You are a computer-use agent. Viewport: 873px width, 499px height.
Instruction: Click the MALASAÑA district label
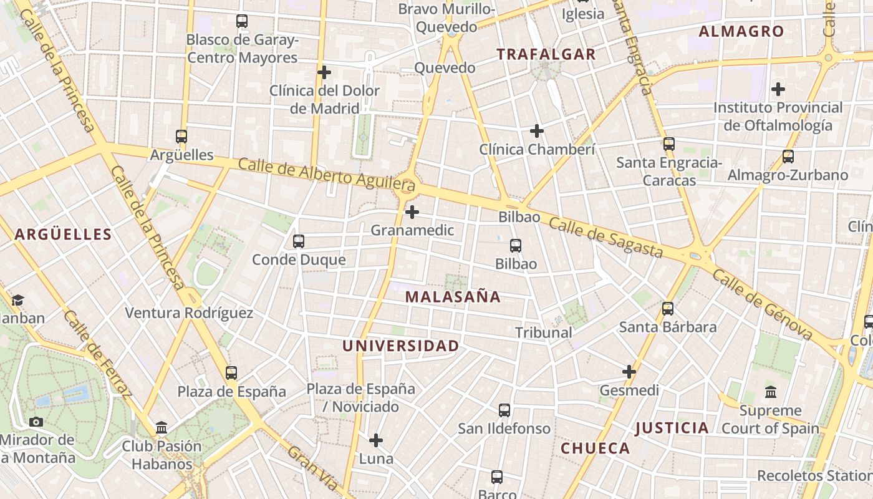coord(453,297)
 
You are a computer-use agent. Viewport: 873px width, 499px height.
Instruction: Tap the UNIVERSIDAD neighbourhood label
coord(400,346)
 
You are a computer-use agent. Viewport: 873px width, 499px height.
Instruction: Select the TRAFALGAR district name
coord(546,54)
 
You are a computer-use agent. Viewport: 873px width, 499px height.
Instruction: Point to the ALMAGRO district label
coord(741,31)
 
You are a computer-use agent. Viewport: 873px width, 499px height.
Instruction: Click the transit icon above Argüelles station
coord(181,136)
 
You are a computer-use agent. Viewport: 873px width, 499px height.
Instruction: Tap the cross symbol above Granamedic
coord(412,212)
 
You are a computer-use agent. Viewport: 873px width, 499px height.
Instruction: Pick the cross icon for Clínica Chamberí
coord(537,131)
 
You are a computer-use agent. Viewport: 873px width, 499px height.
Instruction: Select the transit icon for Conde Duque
coord(299,241)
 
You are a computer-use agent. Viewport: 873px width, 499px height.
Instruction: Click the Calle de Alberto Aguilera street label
coord(326,175)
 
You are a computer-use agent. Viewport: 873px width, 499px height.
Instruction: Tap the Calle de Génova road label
coord(763,306)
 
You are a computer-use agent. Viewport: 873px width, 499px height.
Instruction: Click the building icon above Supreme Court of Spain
coord(771,392)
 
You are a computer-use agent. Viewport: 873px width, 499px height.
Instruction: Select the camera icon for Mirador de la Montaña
coord(36,422)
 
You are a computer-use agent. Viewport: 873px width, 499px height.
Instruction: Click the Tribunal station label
coord(544,332)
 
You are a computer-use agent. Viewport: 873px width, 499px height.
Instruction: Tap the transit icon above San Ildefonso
coord(504,410)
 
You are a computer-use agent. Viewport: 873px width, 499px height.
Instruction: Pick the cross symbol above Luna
coord(376,440)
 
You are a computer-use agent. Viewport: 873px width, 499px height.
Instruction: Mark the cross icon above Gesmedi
coord(629,372)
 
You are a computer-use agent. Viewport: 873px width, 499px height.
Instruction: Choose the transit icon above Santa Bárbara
coord(668,308)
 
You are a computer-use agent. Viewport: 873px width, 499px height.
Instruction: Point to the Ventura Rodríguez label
coord(189,313)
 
